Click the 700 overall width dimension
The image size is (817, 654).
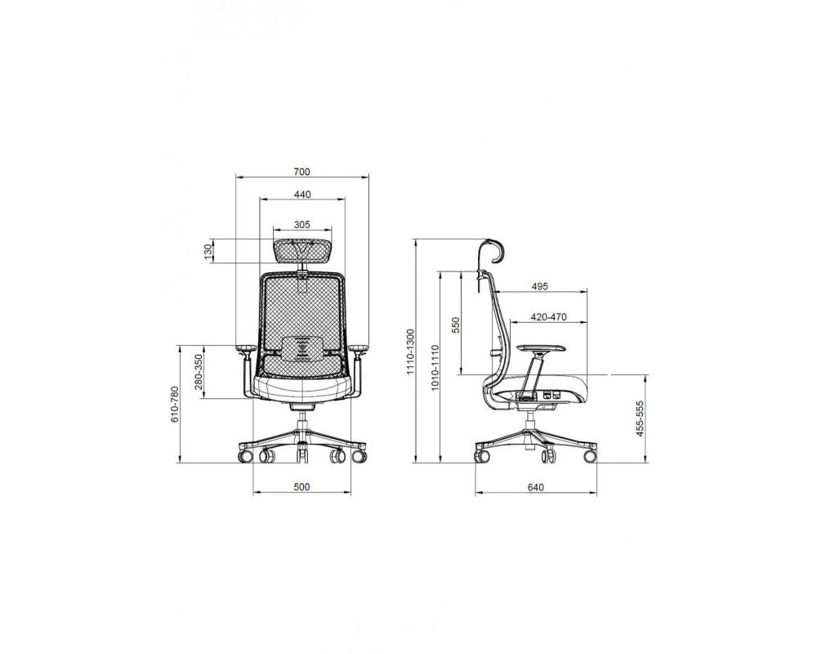click(301, 172)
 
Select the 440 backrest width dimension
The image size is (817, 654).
click(301, 195)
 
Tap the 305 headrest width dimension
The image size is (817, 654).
click(301, 225)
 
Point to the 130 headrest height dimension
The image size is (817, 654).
click(208, 251)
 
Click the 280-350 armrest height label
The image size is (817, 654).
click(198, 373)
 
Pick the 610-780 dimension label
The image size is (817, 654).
click(175, 404)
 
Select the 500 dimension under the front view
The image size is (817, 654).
click(301, 486)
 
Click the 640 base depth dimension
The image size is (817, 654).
click(536, 487)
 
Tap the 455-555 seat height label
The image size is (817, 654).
click(641, 419)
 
